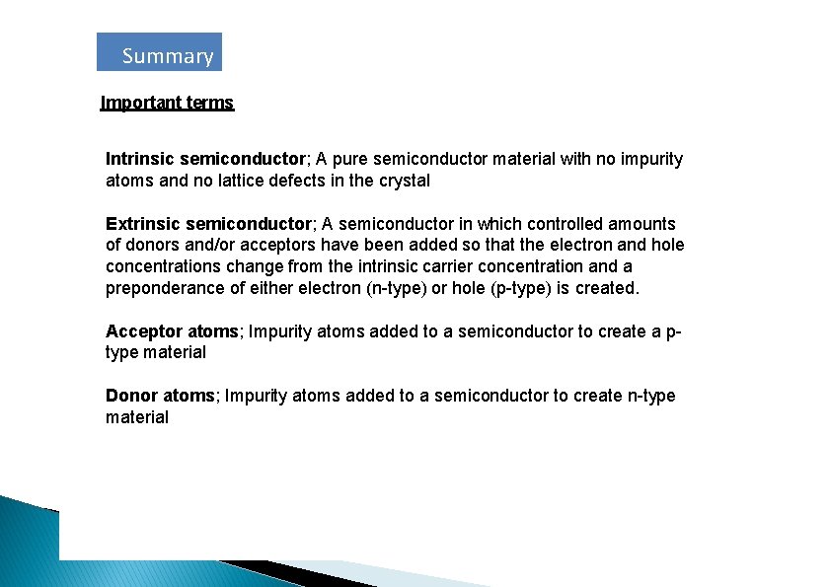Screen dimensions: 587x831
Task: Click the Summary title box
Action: click(159, 52)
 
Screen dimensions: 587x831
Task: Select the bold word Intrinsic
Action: click(141, 159)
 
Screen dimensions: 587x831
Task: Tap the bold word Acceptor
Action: click(140, 331)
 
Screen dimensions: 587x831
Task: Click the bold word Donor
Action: click(132, 396)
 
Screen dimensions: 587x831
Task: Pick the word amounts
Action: click(643, 224)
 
